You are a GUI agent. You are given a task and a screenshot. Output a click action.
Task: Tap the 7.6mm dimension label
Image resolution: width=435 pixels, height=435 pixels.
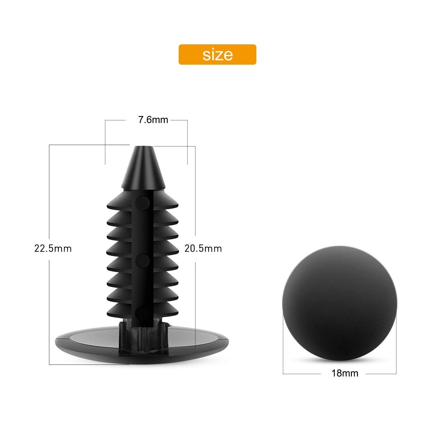pos(153,120)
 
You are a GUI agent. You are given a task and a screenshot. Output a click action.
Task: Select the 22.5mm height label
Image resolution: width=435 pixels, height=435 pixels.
pos(53,249)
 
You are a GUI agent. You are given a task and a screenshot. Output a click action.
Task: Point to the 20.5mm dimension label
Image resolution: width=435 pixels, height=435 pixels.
pos(203,249)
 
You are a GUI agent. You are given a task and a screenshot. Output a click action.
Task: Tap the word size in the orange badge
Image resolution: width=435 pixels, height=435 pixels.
pos(217,54)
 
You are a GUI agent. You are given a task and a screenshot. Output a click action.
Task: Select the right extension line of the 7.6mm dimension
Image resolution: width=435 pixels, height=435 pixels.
pos(188,142)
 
